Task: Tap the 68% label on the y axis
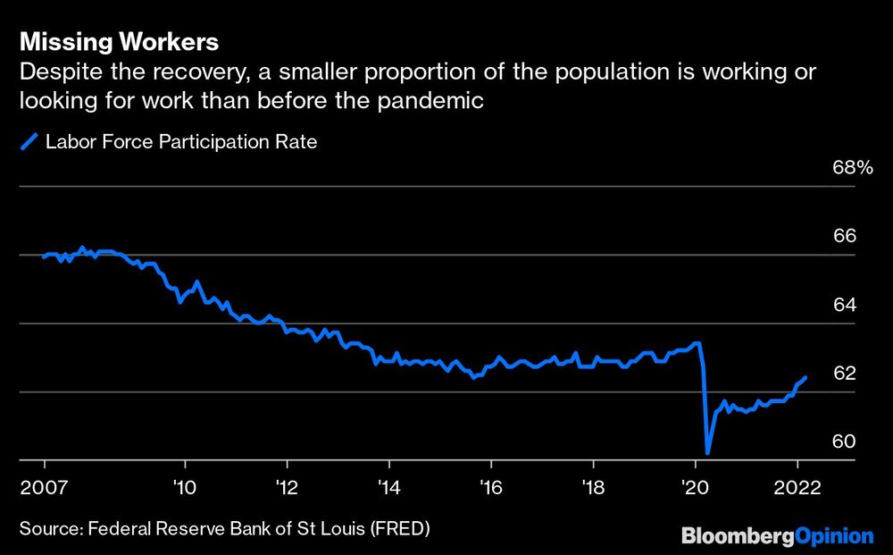[850, 168]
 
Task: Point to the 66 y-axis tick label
[844, 237]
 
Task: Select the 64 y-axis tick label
[844, 305]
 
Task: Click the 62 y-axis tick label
[844, 374]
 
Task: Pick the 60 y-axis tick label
[844, 441]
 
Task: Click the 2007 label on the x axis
[44, 488]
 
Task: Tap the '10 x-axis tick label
[185, 488]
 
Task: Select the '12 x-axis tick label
[287, 488]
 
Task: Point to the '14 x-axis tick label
[388, 488]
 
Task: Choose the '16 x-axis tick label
[491, 488]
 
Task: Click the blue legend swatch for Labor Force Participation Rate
[29, 141]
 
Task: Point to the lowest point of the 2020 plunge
[707, 452]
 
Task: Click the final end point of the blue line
[806, 378]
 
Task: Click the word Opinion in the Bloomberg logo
[834, 536]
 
